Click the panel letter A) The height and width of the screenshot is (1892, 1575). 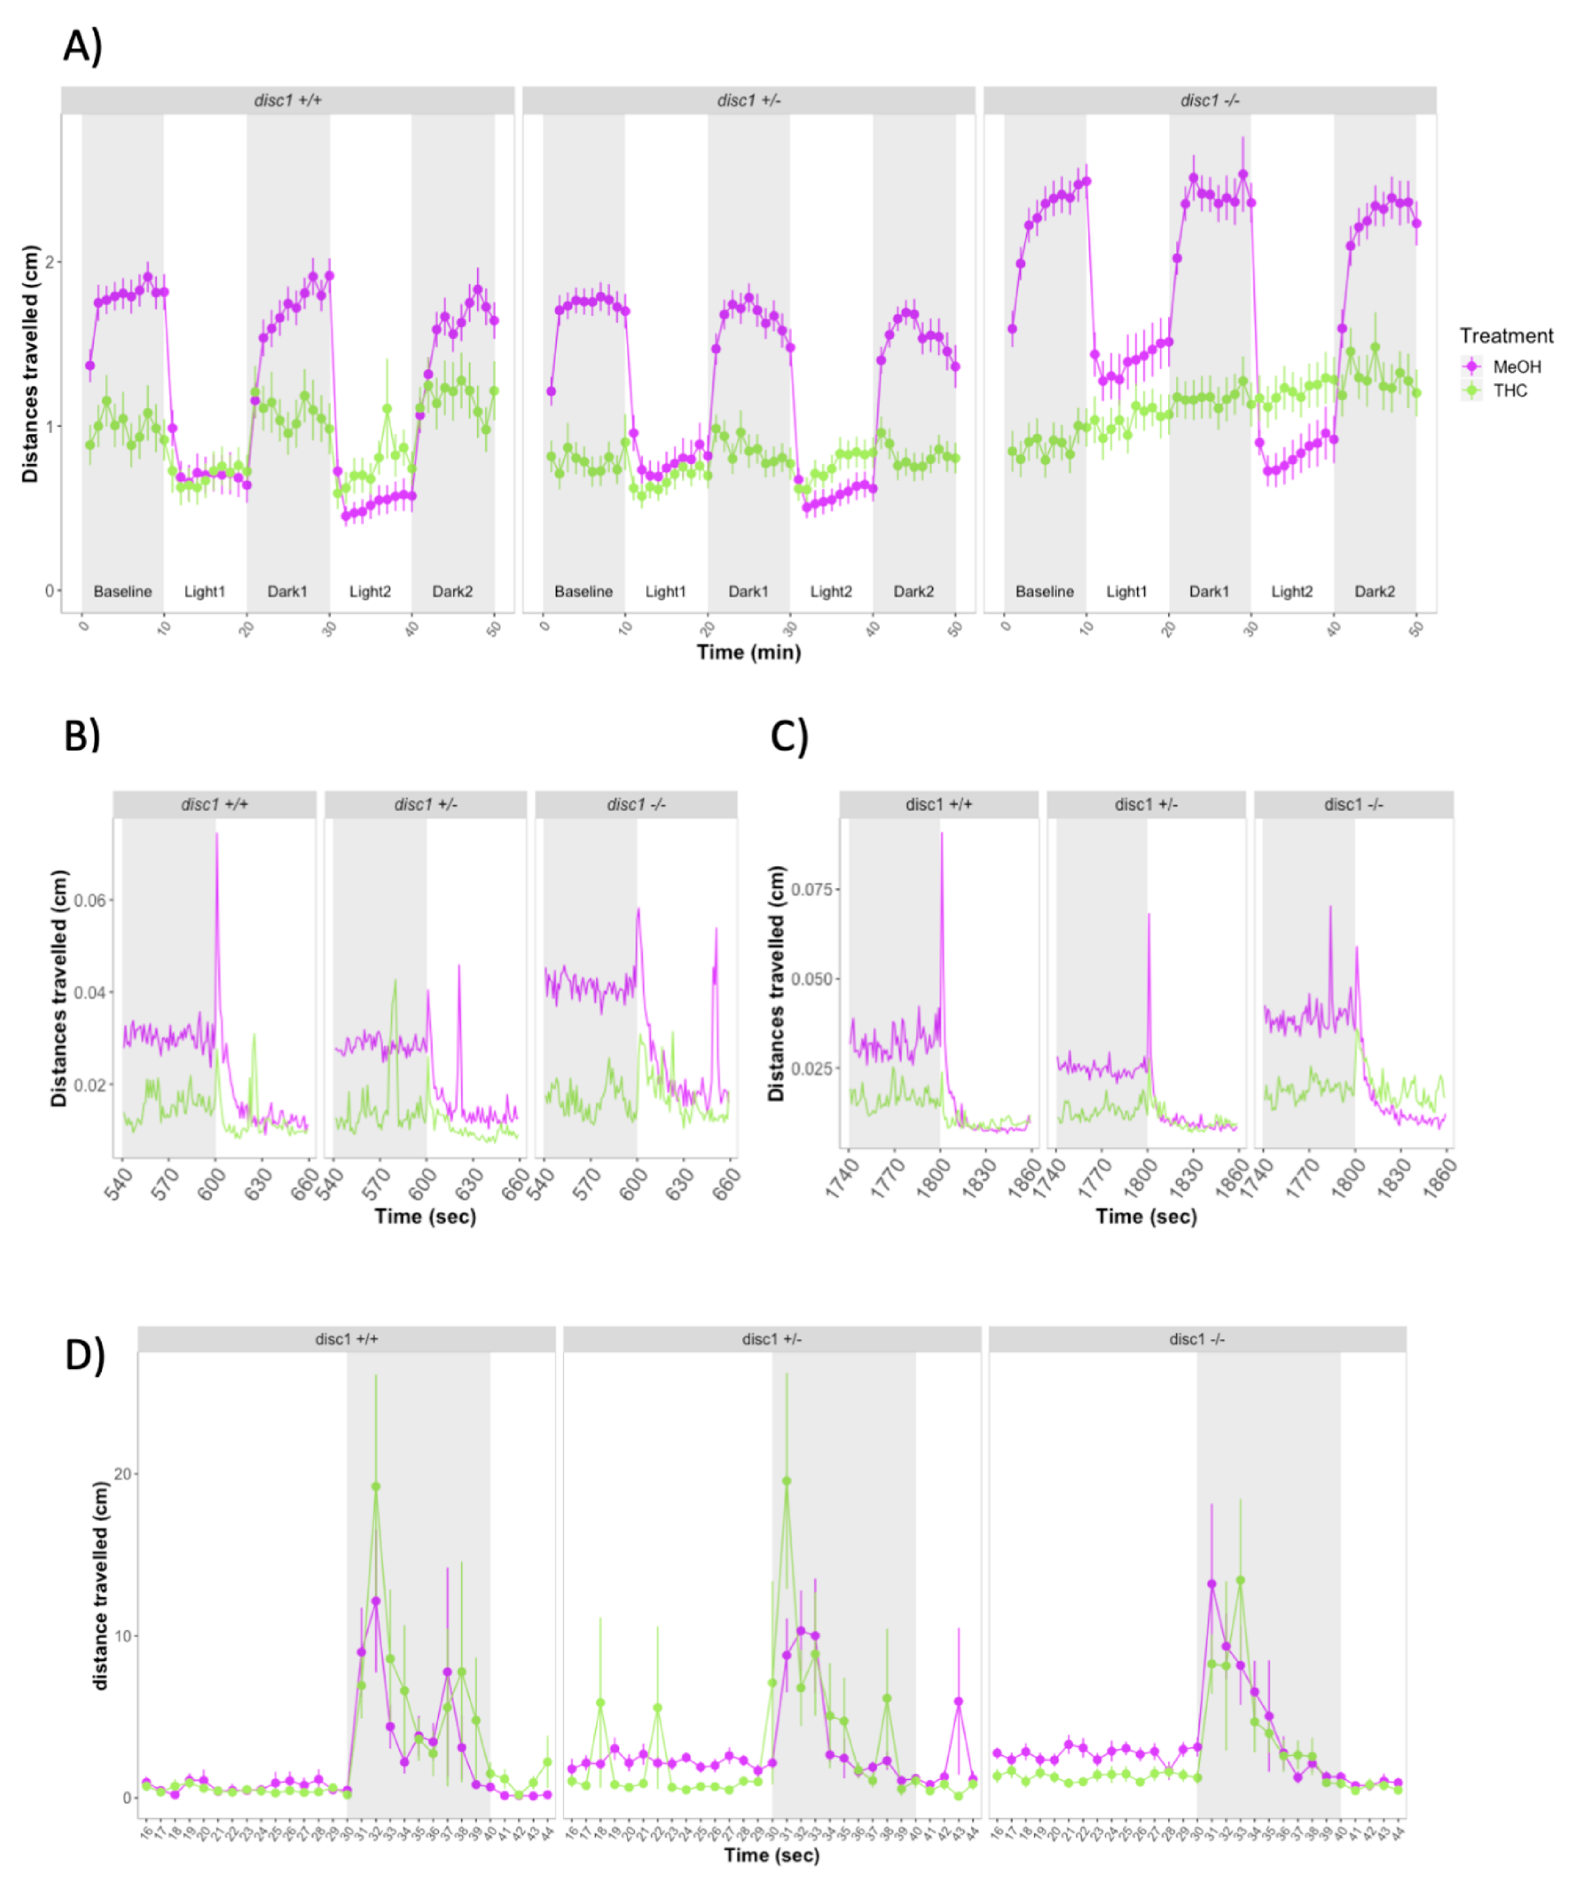(83, 45)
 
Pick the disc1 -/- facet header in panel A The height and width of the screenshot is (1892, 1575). (1209, 100)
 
